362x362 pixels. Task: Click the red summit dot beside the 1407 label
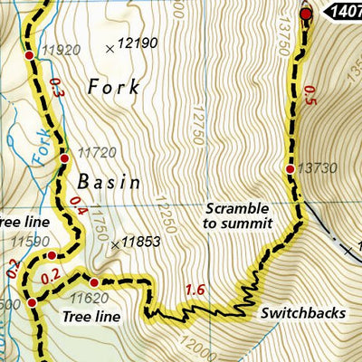305,14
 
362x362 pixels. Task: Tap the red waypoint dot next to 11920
29,56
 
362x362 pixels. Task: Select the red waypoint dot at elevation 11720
64,159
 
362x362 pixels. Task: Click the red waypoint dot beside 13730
290,169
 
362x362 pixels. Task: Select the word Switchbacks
302,313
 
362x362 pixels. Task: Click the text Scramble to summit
238,214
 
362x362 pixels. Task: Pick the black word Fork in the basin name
115,88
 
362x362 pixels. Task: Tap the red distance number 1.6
193,290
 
